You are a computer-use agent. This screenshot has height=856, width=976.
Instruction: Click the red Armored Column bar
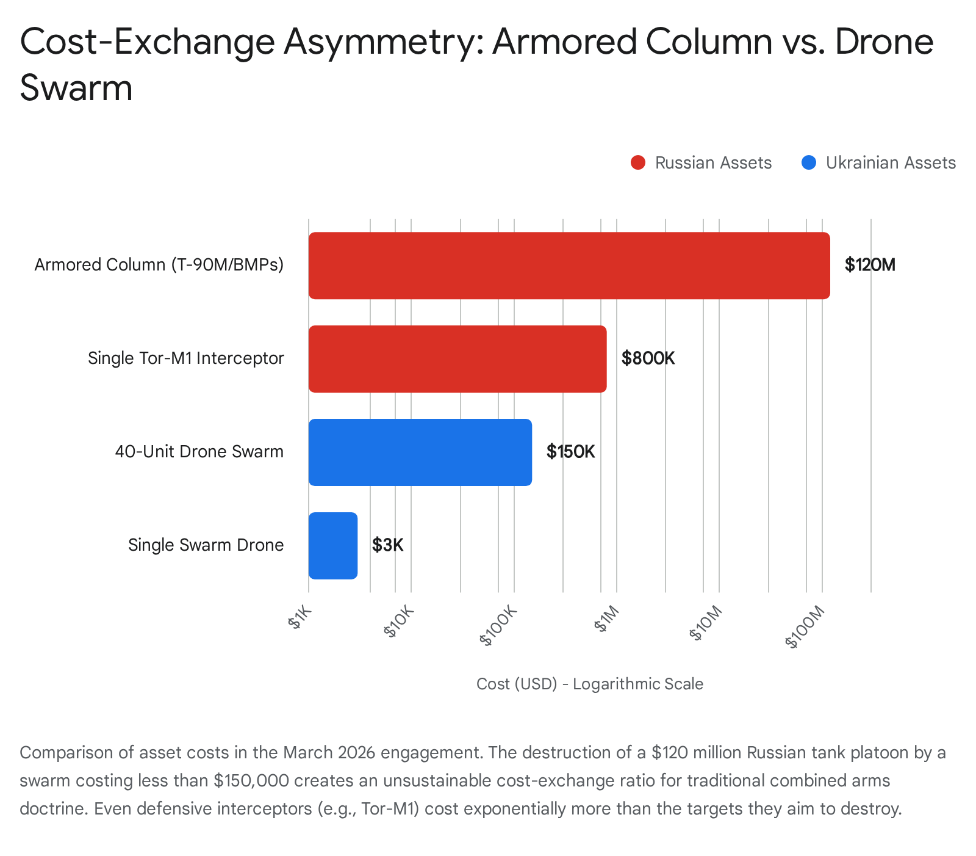tap(569, 266)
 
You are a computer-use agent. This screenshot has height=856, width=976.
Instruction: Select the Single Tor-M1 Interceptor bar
tap(457, 359)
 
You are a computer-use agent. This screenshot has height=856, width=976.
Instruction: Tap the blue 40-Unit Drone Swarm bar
tap(420, 452)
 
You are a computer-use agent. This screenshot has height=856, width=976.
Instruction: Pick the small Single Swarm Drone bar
tap(332, 546)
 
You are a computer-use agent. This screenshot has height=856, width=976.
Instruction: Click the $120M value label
tap(870, 265)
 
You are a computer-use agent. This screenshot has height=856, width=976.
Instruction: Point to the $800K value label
tap(648, 358)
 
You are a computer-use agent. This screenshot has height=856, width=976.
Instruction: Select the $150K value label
tap(570, 452)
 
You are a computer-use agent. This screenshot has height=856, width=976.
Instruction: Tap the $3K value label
tap(388, 545)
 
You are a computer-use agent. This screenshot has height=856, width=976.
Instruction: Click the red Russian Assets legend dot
tap(638, 163)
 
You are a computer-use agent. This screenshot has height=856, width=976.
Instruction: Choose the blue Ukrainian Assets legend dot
tap(809, 163)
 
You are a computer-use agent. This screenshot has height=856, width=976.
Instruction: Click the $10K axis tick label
tap(400, 622)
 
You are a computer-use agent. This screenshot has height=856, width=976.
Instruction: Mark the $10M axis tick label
tap(706, 623)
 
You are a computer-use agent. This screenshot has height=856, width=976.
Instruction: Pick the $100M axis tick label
tap(805, 627)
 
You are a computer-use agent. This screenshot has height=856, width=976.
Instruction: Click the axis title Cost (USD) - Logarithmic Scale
tap(589, 684)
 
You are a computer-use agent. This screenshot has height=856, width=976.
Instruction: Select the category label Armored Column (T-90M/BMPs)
tap(159, 265)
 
